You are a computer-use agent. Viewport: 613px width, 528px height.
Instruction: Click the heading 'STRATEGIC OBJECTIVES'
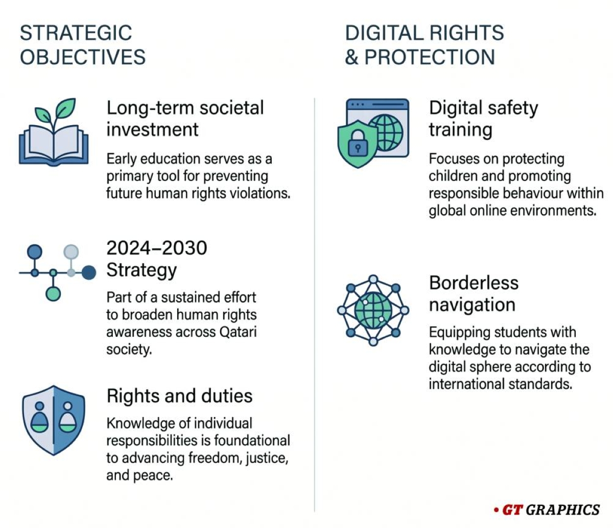tap(82, 45)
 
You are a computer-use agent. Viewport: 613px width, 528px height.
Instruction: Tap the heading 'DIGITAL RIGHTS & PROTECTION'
tap(424, 45)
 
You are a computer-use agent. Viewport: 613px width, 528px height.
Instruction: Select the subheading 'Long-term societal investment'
tap(185, 119)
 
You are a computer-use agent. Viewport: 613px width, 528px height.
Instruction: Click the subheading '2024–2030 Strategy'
tap(156, 259)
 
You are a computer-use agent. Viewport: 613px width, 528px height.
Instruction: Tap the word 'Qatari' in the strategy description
tap(238, 332)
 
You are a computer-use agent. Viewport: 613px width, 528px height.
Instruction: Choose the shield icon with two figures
tap(54, 420)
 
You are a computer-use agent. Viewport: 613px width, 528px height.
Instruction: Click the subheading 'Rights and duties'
tap(179, 396)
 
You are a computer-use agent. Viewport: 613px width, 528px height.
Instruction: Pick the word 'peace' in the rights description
tap(155, 475)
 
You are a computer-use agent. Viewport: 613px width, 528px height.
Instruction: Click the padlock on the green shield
tap(358, 147)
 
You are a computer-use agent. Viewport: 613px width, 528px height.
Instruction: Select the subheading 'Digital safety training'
tap(483, 119)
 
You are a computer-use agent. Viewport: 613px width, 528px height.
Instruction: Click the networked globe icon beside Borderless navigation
tap(373, 310)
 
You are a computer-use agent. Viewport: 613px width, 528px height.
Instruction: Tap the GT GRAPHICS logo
tap(547, 510)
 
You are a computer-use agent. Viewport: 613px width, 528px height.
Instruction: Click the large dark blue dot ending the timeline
tap(89, 272)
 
